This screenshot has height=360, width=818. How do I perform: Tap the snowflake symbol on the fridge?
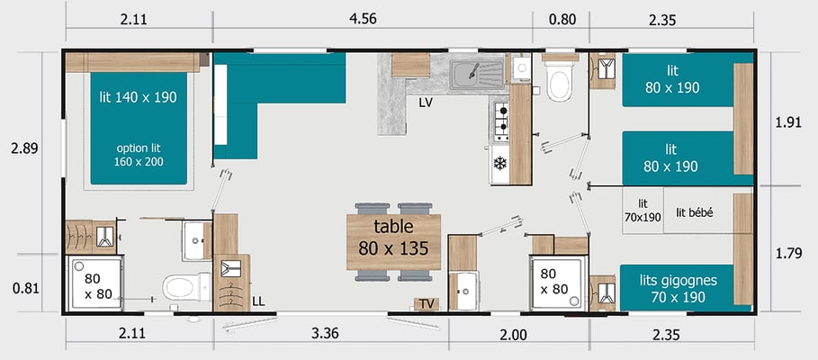(499, 164)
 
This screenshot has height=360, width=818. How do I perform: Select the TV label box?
(427, 304)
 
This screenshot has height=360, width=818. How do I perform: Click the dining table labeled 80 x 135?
(393, 242)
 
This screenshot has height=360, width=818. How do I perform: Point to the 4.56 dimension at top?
(363, 19)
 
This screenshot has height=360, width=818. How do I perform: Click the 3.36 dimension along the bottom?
(325, 335)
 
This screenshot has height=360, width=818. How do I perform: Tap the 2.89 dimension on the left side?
(24, 148)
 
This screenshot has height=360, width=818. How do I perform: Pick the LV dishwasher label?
(426, 103)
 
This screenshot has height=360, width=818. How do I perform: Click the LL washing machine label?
(258, 301)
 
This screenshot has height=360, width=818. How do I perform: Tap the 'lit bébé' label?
(695, 212)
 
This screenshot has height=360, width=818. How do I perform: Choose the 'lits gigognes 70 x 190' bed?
(678, 288)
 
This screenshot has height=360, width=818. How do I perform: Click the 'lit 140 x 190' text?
(139, 97)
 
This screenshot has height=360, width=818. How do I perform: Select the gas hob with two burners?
(501, 121)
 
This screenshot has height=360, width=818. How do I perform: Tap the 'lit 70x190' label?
(643, 210)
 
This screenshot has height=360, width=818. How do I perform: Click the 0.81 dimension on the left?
(25, 289)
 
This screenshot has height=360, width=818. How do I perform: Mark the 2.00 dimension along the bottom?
(513, 335)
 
